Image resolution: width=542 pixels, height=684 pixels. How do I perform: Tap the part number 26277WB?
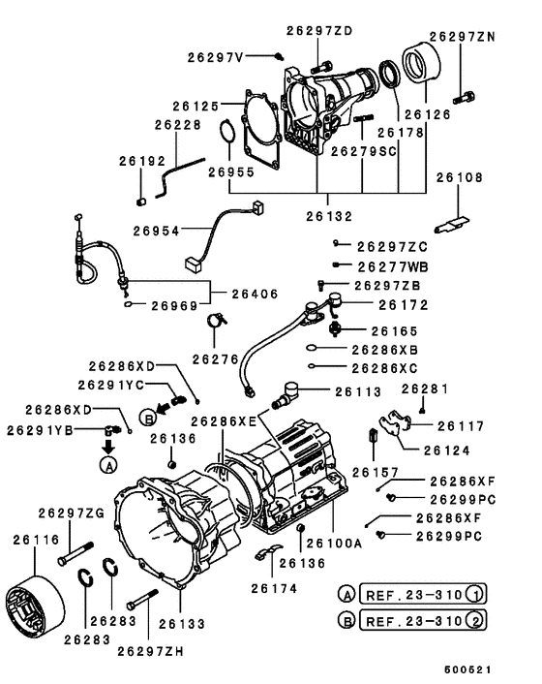coord(392,265)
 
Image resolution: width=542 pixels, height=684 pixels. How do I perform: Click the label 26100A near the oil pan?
coord(335,544)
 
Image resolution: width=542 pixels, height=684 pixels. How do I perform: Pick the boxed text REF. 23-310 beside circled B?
coord(411,620)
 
